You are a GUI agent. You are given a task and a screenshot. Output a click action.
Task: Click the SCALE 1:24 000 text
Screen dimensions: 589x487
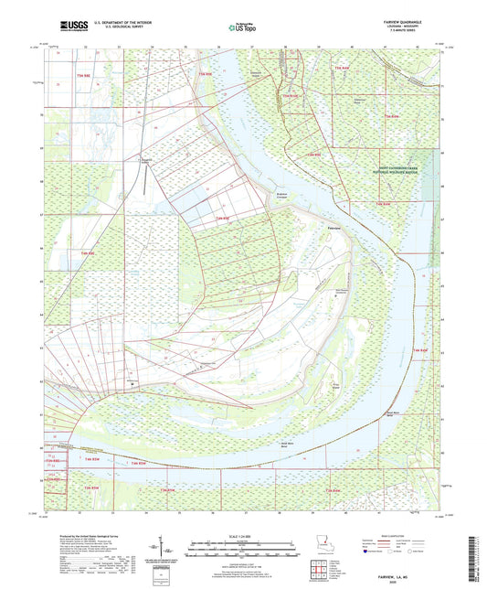242,536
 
